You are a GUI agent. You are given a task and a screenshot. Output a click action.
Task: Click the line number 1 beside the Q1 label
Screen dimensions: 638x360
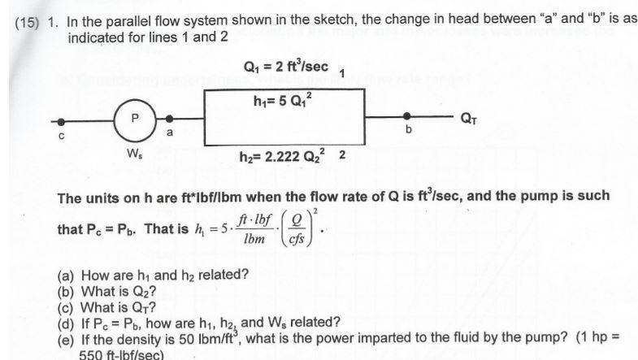click(x=342, y=75)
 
